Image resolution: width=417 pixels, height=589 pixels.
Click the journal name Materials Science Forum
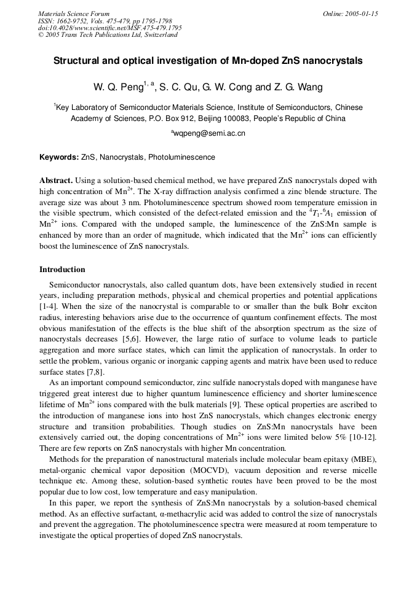[x=74, y=14]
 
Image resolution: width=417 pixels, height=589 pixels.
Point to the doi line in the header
[x=109, y=28]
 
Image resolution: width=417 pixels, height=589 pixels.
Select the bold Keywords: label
[x=59, y=157]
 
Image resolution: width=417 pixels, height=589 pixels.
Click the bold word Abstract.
[x=56, y=181]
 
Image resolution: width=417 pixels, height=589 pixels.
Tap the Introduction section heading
[x=62, y=270]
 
